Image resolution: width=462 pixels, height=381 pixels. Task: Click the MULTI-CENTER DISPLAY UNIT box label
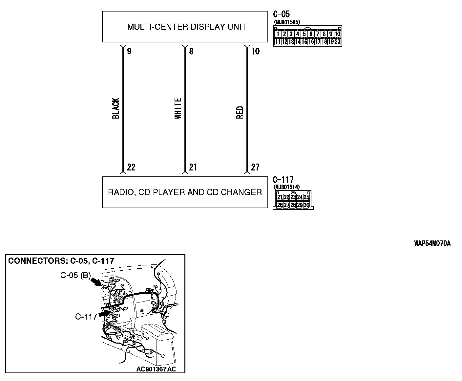coord(186,27)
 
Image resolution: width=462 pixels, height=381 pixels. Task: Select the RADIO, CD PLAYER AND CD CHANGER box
coord(185,192)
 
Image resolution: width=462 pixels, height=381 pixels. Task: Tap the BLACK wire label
coord(116,108)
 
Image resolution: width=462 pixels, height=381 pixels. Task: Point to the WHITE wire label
coord(178,108)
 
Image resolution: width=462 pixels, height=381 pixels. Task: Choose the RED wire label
coord(240,112)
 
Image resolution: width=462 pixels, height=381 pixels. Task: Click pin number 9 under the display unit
coord(129,52)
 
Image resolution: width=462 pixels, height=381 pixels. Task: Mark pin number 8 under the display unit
coord(191,52)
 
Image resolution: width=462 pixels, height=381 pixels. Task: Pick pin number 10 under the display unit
coord(255,52)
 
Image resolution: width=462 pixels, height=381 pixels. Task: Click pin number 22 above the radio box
coord(131,168)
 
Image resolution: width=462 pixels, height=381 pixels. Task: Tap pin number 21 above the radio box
coord(193,168)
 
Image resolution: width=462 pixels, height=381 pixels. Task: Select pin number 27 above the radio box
coord(255,168)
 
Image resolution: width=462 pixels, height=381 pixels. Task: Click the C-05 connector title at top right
coord(281,14)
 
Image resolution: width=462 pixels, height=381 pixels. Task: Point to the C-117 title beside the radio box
coord(283,180)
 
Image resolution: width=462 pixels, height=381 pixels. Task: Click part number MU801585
coord(287,22)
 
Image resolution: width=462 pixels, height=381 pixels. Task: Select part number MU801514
coord(286,187)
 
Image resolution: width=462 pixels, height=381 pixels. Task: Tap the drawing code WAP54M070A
coord(432,244)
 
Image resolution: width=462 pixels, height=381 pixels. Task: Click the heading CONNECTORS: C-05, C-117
coord(61,261)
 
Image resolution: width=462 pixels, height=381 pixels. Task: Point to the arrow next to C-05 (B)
coord(96,281)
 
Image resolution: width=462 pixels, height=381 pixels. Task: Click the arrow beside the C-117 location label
coord(104,314)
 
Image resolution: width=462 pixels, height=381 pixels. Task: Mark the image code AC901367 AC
coord(156,369)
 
